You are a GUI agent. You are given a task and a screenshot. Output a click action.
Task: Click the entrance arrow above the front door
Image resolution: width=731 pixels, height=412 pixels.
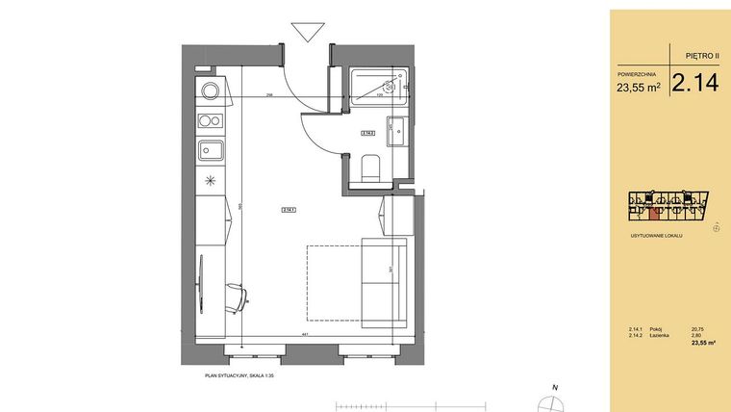pos(309,32)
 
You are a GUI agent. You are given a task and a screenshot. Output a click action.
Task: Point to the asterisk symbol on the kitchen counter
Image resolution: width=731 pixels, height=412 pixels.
pos(210,180)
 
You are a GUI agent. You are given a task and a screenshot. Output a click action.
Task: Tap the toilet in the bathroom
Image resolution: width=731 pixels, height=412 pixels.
pos(369,169)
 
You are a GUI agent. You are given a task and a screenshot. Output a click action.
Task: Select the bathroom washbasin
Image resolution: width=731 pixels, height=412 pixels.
pos(397,129)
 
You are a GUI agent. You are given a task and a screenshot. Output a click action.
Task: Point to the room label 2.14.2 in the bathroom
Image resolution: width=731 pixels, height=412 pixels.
pos(366,134)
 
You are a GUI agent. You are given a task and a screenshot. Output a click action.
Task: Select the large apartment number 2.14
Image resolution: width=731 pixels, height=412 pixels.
pos(694,84)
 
